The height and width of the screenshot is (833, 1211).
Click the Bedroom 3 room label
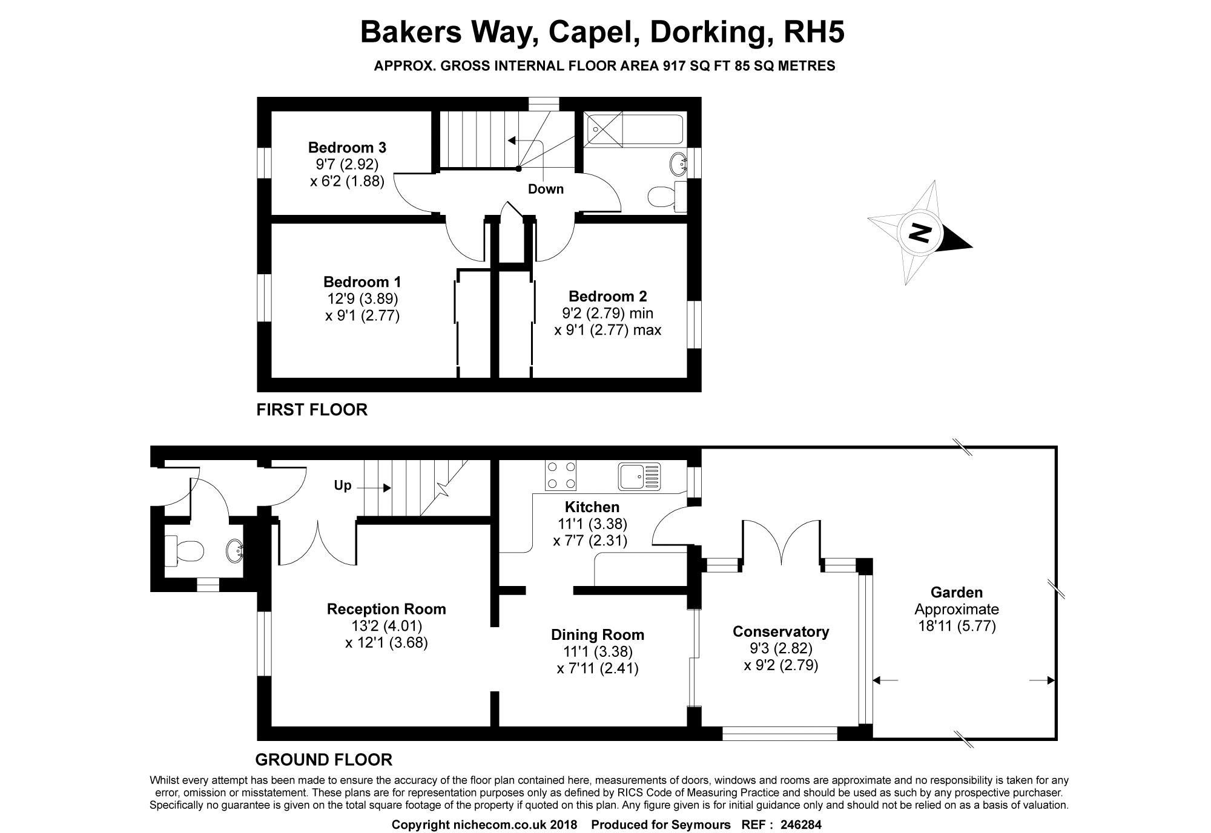(347, 148)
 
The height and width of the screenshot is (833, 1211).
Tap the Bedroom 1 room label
(362, 282)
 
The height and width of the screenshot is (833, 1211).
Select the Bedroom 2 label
(607, 297)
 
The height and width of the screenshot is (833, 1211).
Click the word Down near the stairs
(546, 189)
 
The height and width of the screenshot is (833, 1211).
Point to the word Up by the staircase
(343, 486)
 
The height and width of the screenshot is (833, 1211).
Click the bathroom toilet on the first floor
(664, 196)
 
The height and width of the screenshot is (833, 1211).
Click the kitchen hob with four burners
(561, 476)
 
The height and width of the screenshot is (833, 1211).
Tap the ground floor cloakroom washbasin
(235, 550)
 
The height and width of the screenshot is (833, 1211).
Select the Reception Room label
(386, 609)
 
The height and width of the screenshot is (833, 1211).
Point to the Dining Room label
(597, 635)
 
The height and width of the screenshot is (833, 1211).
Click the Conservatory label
(780, 632)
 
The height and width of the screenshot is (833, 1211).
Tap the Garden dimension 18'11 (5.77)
(957, 626)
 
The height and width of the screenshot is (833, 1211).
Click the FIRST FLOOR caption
(312, 410)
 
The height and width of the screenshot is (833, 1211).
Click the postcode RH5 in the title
(814, 33)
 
